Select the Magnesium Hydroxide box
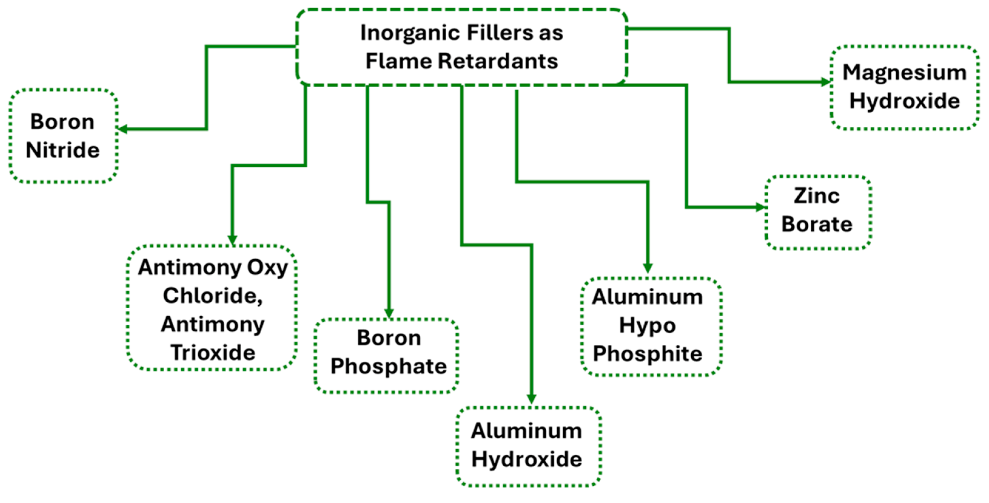pos(904,88)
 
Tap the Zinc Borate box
pos(818,212)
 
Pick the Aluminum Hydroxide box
pos(528,446)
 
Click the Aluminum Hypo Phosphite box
pos(651,326)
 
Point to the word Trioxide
pos(213,353)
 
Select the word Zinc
pos(816,196)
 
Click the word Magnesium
pos(904,72)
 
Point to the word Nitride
pos(62,150)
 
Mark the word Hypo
pos(647,326)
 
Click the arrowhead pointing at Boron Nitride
pos(122,129)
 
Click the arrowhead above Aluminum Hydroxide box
pos(531,399)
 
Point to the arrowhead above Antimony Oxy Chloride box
pos(232,240)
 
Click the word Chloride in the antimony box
pos(212,296)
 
